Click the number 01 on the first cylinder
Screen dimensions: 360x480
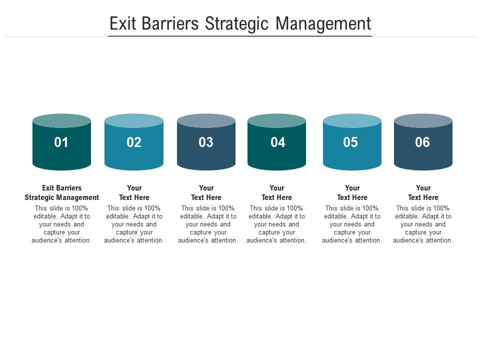(x=61, y=142)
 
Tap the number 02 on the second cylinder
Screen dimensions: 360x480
(x=134, y=142)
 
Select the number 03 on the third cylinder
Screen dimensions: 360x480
(x=206, y=142)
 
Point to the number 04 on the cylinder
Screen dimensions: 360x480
(x=278, y=142)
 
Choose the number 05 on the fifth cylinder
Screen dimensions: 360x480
(x=350, y=142)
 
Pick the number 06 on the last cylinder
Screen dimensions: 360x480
(x=422, y=142)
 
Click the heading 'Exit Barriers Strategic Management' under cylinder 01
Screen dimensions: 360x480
(x=61, y=192)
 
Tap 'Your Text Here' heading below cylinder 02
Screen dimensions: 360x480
(x=134, y=192)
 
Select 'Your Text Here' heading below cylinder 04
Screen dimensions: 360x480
(x=276, y=192)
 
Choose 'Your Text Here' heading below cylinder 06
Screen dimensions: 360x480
(x=423, y=192)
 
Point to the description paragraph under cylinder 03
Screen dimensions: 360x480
(x=207, y=224)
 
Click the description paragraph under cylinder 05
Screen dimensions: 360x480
(x=352, y=224)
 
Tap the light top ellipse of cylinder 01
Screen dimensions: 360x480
(x=61, y=120)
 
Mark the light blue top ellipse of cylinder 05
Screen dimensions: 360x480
(x=352, y=120)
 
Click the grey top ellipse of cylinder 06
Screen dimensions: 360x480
(x=423, y=120)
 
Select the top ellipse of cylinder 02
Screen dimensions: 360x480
(x=134, y=120)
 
